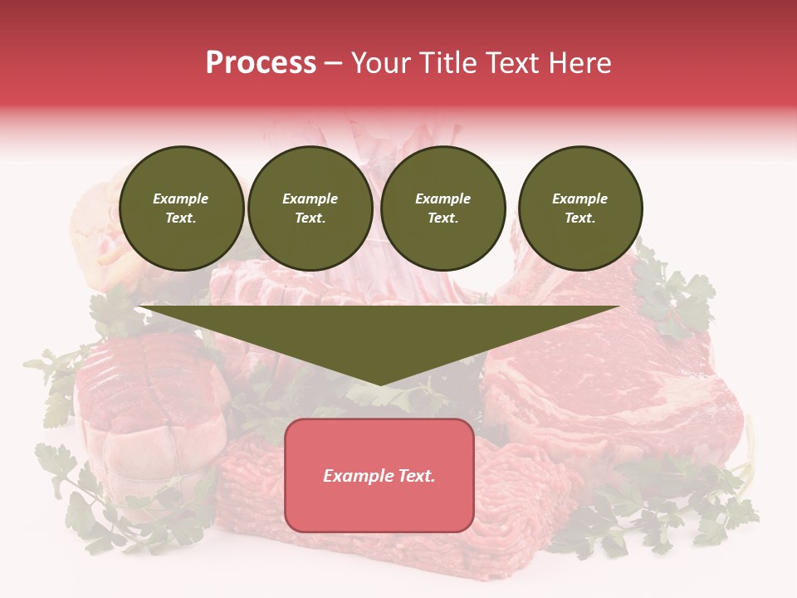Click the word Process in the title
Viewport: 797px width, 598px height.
(x=261, y=63)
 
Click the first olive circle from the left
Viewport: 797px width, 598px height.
(x=181, y=208)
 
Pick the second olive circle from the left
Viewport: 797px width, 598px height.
(x=310, y=208)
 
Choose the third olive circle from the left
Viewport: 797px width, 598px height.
(x=443, y=208)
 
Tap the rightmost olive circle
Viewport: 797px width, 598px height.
(x=579, y=208)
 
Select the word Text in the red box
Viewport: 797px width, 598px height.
(x=415, y=476)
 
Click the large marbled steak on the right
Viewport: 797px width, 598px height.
(x=614, y=390)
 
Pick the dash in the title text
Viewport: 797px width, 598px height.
(x=333, y=63)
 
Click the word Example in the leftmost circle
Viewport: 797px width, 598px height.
(x=180, y=199)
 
